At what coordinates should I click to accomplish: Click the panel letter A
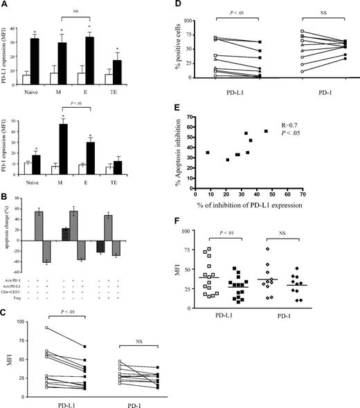[x=6, y=6]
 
